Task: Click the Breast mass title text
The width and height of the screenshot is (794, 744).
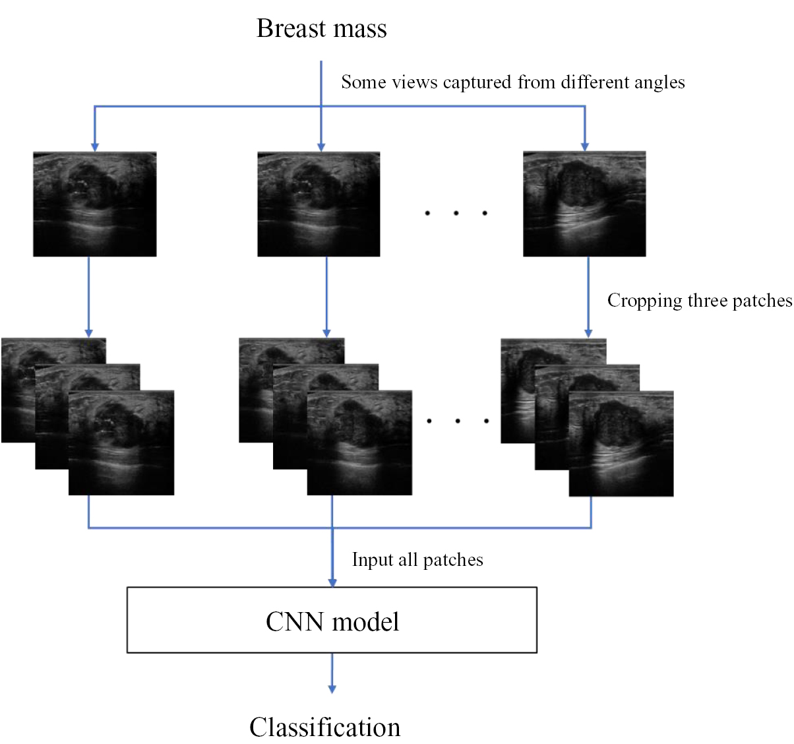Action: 321,29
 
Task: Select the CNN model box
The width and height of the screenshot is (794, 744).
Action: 332,620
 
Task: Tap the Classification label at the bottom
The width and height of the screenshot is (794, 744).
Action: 324,727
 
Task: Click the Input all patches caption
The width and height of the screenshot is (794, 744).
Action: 417,560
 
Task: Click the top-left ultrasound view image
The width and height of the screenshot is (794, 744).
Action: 95,204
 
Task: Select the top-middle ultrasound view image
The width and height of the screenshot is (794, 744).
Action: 319,204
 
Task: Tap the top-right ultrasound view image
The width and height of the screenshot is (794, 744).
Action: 584,204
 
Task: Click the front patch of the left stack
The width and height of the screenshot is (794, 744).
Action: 121,443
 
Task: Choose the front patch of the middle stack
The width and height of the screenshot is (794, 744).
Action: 359,443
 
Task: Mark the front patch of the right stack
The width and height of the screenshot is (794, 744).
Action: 621,443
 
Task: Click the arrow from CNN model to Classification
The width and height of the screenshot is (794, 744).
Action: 332,673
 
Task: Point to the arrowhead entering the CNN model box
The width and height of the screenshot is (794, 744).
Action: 332,582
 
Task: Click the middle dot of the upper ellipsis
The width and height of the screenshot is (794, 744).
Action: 456,213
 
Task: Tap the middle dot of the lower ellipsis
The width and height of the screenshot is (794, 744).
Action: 457,421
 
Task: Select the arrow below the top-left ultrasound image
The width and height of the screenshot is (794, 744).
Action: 89,297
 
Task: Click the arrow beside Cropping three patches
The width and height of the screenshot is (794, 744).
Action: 588,297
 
